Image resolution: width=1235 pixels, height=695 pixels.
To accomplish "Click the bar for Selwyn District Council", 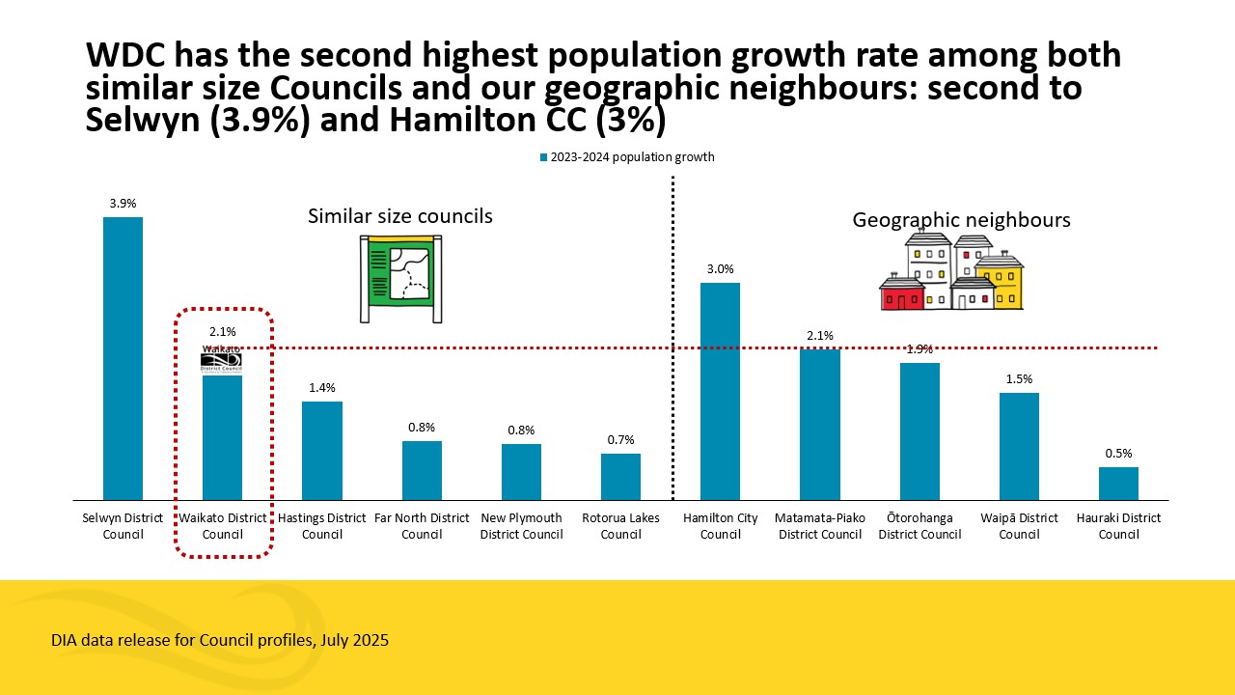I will click(x=123, y=358).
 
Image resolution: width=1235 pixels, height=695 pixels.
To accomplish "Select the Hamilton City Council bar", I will click(x=720, y=391).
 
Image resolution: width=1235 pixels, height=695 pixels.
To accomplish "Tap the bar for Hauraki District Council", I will click(x=1118, y=483).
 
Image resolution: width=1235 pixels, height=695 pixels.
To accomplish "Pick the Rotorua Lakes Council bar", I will click(x=620, y=476).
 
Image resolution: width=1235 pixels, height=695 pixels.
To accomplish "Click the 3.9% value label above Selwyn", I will click(x=123, y=204).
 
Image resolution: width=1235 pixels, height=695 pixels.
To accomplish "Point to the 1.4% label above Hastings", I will click(x=322, y=388).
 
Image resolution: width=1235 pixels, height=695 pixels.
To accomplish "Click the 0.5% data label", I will click(x=1118, y=454).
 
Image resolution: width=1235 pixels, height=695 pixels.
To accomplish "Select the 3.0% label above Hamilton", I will click(x=720, y=269).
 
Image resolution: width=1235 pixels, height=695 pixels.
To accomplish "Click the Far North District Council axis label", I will click(x=422, y=526).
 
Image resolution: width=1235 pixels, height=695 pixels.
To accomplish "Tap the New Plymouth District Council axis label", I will click(x=521, y=526).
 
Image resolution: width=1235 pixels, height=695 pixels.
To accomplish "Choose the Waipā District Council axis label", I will click(x=1019, y=526).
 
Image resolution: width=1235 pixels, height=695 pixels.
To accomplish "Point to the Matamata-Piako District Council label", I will click(x=819, y=526).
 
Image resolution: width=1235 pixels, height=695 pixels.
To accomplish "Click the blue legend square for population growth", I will click(x=544, y=157).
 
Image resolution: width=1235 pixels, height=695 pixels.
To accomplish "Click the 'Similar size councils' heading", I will click(x=400, y=216).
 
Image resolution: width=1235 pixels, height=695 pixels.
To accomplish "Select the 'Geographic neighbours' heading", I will click(x=961, y=220).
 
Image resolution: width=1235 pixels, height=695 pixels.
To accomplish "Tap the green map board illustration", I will click(x=401, y=278).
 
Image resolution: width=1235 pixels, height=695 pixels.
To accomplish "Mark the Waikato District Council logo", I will click(x=221, y=361).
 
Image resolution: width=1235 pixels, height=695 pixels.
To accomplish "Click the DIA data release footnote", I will click(x=220, y=640).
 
